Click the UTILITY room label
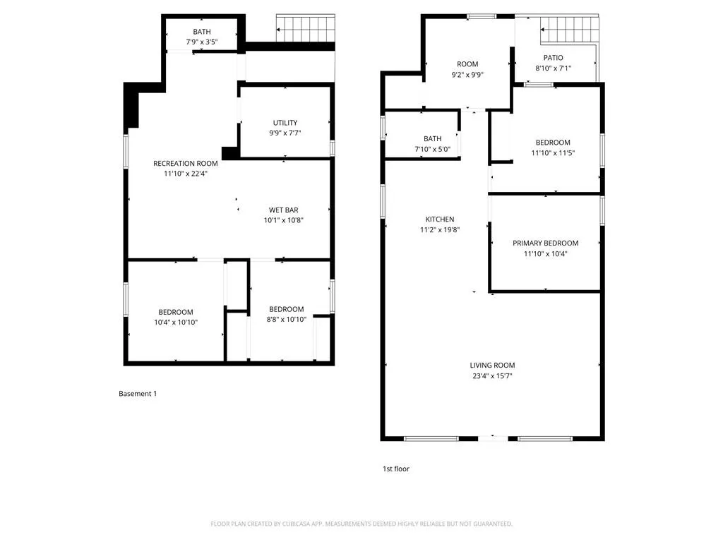tap(285, 123)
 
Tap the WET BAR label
tap(284, 210)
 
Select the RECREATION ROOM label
tap(186, 163)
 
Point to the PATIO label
tap(553, 58)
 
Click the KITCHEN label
tap(440, 219)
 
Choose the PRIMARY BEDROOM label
tap(546, 243)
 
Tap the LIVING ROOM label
tap(492, 365)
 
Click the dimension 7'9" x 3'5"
tap(202, 42)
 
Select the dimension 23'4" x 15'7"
tap(492, 375)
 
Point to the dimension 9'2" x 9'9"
tap(467, 75)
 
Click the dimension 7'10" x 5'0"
tap(433, 150)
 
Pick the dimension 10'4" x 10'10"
tap(176, 322)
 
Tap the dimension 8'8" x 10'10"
tap(287, 320)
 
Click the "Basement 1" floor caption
tap(138, 394)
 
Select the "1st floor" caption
tap(396, 469)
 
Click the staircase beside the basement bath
tap(306, 28)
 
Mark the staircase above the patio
tap(570, 29)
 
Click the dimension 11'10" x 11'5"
tap(553, 153)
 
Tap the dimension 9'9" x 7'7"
tap(285, 133)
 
